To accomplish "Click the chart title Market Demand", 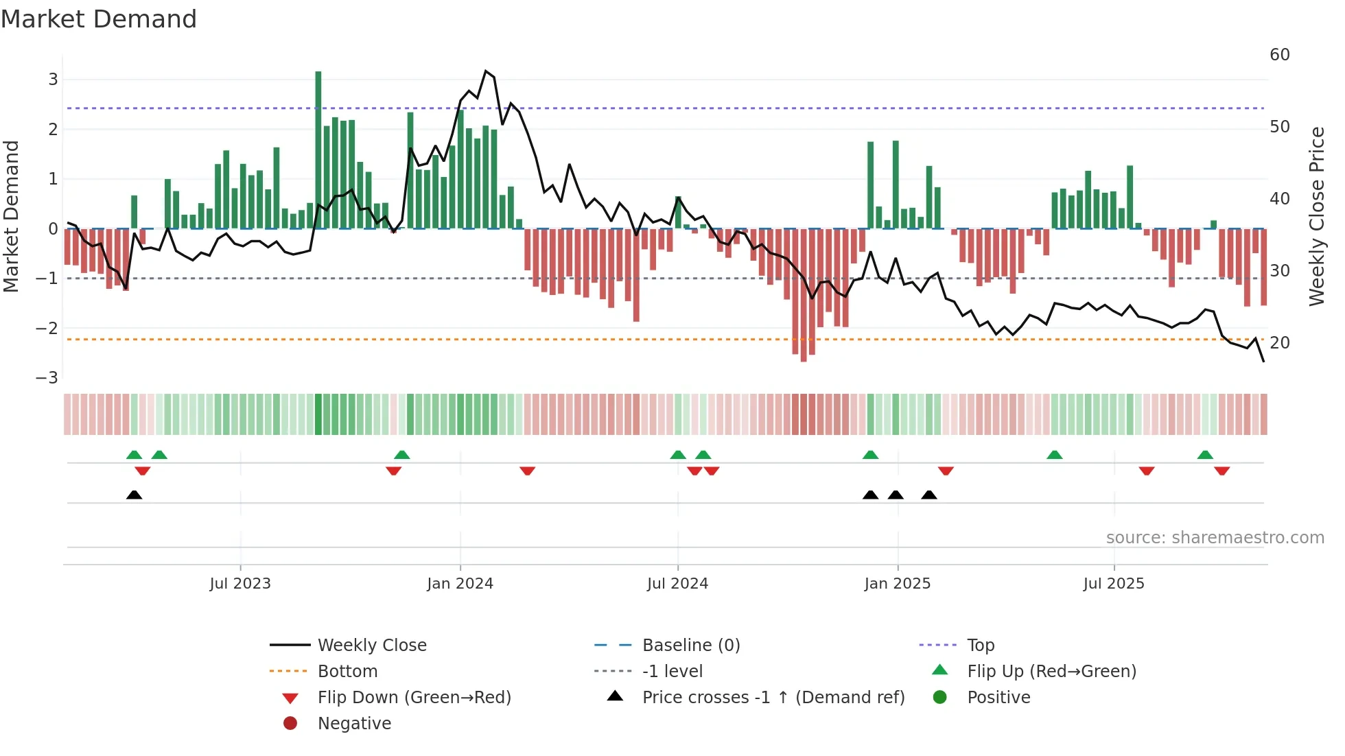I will pos(99,19).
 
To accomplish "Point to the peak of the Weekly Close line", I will pos(486,71).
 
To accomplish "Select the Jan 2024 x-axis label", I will pos(460,584).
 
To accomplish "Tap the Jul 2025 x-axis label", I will pos(1114,584).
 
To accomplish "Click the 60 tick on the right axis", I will pos(1280,55).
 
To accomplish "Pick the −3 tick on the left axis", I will pos(47,378).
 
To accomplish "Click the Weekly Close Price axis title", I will pos(1316,217).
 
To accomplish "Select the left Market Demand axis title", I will pos(11,217).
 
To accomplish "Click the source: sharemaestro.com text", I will pos(1215,538).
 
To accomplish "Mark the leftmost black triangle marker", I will pos(134,495).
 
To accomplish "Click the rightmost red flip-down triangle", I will pos(1221,471).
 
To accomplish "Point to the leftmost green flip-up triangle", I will pos(134,455).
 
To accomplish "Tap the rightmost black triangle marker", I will pos(929,495).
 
